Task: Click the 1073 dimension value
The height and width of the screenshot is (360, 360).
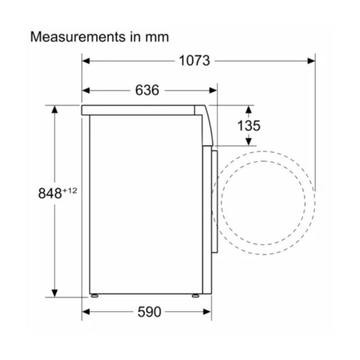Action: (194, 61)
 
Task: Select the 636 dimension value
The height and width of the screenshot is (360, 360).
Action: (147, 91)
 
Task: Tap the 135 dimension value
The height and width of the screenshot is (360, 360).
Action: (248, 125)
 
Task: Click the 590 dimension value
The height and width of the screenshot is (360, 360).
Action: (149, 312)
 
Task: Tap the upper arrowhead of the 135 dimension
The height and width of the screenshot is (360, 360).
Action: (248, 109)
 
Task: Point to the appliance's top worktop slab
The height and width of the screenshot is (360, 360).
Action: (140, 110)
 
